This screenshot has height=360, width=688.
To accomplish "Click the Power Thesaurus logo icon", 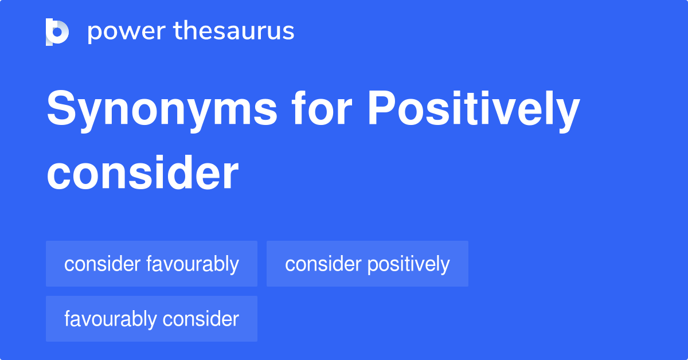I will pos(57,32).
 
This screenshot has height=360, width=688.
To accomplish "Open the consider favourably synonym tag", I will pos(151,264).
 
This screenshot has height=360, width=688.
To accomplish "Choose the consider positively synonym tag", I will pos(367,264).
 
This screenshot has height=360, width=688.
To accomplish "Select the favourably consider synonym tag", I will pos(151,319).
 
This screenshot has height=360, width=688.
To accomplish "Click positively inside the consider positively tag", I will pos(408,264).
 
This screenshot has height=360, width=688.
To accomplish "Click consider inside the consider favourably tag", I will pos(102,264).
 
